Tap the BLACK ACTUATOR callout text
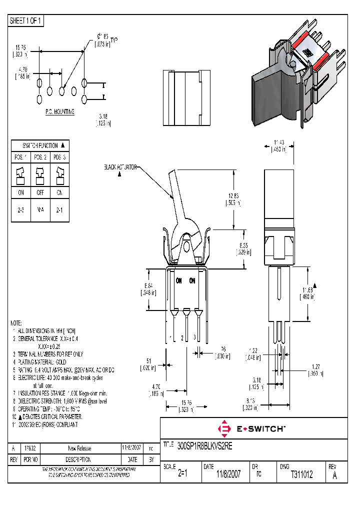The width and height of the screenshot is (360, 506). pos(120,167)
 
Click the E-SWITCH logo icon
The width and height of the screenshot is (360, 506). pos(224,428)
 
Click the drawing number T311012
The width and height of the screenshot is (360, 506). pos(301,475)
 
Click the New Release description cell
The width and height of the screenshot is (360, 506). pos(79,448)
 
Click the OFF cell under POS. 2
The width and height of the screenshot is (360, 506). pos(40,192)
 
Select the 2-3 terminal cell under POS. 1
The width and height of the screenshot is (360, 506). pos(20,210)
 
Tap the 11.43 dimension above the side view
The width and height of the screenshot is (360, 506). pos(278,142)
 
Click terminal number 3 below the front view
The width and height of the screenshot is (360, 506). pos(194,337)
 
